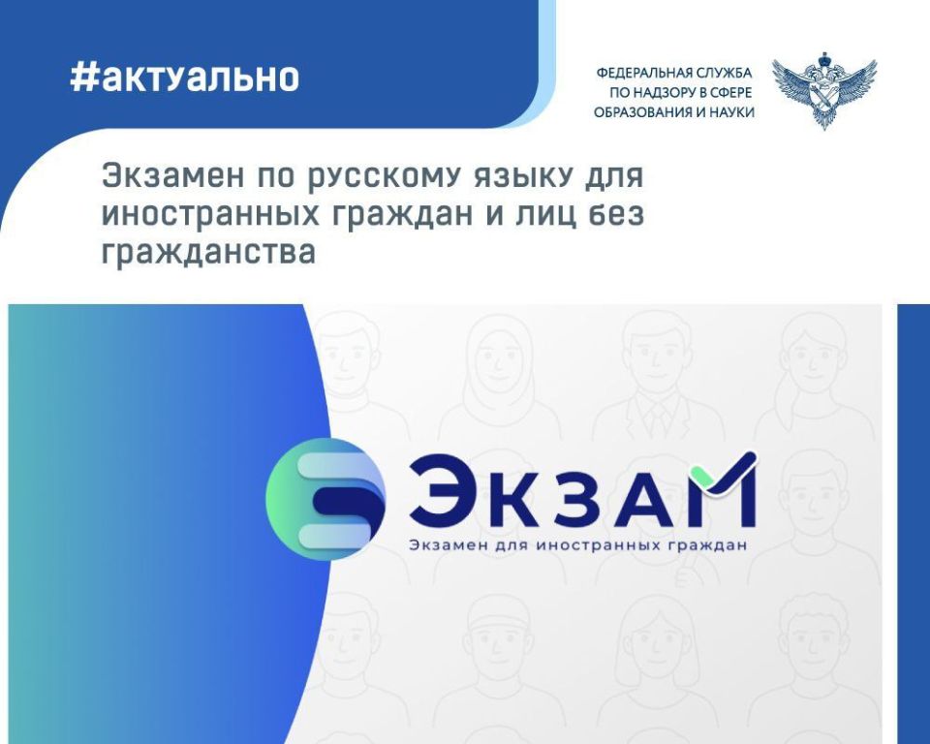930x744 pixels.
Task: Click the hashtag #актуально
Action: coord(184,77)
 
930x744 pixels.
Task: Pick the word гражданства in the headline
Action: coord(209,253)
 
